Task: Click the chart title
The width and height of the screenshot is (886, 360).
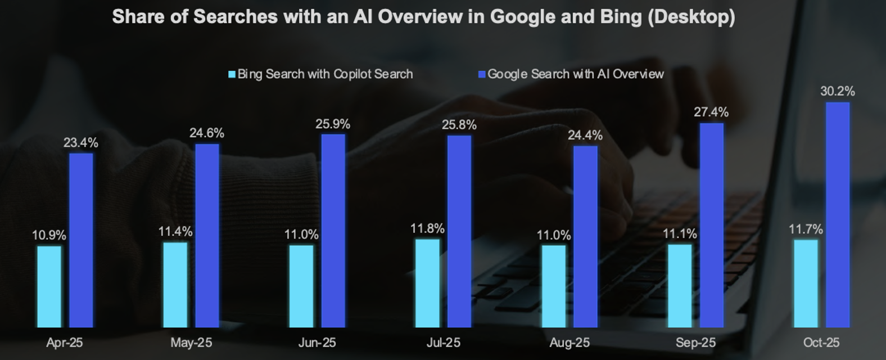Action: pyautogui.click(x=423, y=17)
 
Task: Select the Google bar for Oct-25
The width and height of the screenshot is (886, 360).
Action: pyautogui.click(x=838, y=214)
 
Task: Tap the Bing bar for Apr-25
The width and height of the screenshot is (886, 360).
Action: pyautogui.click(x=49, y=286)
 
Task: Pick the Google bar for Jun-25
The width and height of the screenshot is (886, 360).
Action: pyautogui.click(x=333, y=230)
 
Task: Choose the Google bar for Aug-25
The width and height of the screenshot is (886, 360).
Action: pyautogui.click(x=585, y=236)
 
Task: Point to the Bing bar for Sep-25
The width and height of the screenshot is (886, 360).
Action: pyautogui.click(x=680, y=285)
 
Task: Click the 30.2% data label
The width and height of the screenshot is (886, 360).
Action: pyautogui.click(x=837, y=91)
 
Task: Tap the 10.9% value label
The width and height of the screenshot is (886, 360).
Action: pyautogui.click(x=49, y=235)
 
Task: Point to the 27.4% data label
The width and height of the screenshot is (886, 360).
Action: pyautogui.click(x=711, y=112)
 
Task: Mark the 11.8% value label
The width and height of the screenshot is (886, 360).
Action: pyautogui.click(x=427, y=228)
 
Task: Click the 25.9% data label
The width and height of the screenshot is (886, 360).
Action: pyautogui.click(x=333, y=124)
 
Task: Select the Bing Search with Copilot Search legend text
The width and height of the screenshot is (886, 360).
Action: pyautogui.click(x=325, y=74)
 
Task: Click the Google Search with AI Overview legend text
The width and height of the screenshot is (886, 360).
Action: pyautogui.click(x=575, y=74)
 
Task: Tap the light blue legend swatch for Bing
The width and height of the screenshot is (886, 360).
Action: pyautogui.click(x=232, y=74)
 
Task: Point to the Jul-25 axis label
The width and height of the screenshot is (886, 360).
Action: pyautogui.click(x=443, y=343)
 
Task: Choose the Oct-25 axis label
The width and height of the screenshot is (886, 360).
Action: pyautogui.click(x=821, y=343)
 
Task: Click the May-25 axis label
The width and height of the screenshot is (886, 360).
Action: pyautogui.click(x=191, y=343)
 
